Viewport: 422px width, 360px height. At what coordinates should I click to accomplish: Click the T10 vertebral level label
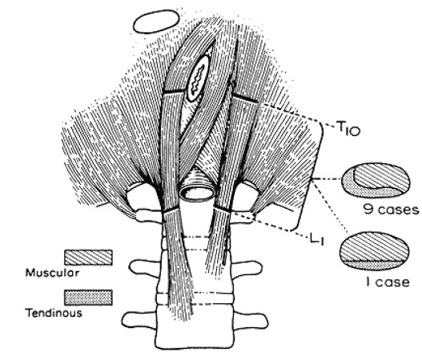tap(348, 129)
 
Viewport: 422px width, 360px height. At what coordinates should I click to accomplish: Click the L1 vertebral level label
tap(315, 239)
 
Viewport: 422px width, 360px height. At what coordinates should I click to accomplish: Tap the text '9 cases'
tap(392, 210)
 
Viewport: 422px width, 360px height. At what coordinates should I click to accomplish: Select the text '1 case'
tap(388, 282)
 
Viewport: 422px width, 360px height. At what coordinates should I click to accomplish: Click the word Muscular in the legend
tap(52, 273)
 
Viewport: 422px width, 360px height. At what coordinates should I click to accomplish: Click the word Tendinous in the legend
tap(54, 313)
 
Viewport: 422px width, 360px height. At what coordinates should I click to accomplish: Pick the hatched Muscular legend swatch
tap(88, 258)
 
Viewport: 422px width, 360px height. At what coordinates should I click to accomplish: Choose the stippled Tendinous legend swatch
tap(88, 298)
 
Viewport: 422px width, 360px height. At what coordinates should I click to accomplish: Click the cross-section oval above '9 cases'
tap(376, 181)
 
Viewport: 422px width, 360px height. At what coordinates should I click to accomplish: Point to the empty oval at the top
tap(156, 22)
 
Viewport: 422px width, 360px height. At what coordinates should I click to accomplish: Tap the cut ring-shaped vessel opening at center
tap(197, 192)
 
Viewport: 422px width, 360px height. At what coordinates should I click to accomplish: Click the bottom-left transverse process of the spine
tap(139, 320)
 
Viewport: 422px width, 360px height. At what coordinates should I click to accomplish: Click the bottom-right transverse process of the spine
tap(251, 320)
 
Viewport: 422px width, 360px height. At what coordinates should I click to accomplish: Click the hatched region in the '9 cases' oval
tap(382, 176)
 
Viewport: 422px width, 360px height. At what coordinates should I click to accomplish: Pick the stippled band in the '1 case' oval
tap(373, 265)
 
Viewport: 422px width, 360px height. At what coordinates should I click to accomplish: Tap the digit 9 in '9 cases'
tap(369, 210)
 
